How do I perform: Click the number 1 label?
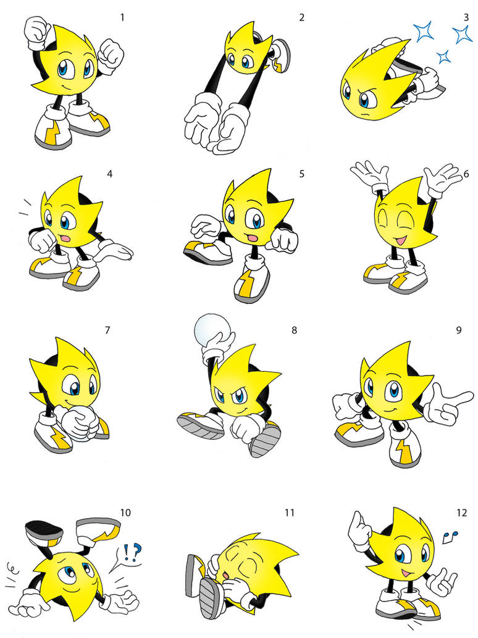pyautogui.click(x=122, y=17)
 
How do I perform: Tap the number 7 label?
pyautogui.click(x=107, y=330)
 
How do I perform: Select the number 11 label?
pyautogui.click(x=290, y=513)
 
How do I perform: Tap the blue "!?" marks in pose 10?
pyautogui.click(x=130, y=550)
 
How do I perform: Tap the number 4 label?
pyautogui.click(x=110, y=174)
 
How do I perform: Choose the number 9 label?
pyautogui.click(x=459, y=330)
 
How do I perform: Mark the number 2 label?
pyautogui.click(x=301, y=17)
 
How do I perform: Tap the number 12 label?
pyautogui.click(x=461, y=513)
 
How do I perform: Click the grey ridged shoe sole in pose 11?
pyautogui.click(x=210, y=598)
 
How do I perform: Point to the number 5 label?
pyautogui.click(x=301, y=174)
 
